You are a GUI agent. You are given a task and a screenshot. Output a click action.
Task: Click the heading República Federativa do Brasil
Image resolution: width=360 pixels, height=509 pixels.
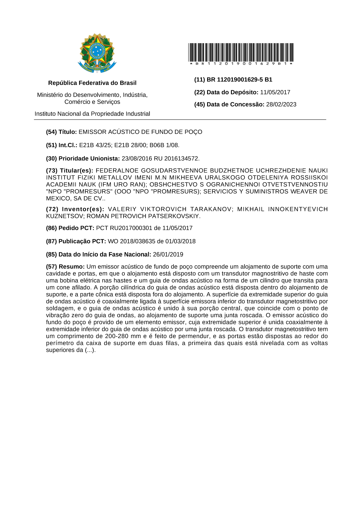[x=92, y=83]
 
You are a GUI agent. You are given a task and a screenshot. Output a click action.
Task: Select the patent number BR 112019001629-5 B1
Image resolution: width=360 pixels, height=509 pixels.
[x=239, y=80]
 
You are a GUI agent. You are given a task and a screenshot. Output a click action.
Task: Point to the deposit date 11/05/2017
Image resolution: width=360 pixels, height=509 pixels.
[x=275, y=92]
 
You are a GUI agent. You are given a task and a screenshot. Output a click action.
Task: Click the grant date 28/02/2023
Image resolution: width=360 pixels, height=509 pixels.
[x=281, y=104]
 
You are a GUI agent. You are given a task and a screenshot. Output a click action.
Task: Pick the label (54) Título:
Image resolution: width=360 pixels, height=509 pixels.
[x=61, y=132]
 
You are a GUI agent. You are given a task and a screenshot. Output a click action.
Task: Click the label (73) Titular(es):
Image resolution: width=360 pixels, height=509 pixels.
[x=70, y=171]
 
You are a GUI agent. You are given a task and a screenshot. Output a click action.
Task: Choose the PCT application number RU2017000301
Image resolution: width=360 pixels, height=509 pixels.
[x=131, y=228]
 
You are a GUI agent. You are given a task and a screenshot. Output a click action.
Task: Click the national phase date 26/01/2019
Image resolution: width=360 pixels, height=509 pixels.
[x=168, y=255]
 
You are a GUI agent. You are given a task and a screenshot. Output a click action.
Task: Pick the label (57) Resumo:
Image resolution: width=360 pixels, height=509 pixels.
[x=65, y=267]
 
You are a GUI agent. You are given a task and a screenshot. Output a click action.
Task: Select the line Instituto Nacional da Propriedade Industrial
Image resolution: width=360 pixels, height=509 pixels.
[x=92, y=114]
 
